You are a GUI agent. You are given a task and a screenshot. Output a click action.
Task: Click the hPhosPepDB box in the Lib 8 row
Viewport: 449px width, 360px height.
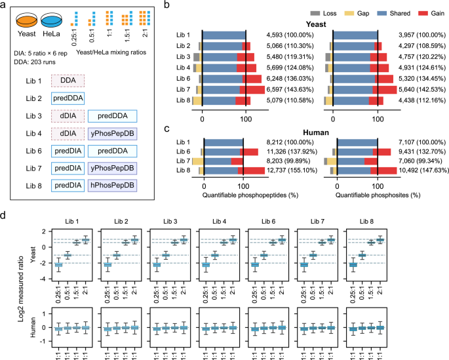[112, 186]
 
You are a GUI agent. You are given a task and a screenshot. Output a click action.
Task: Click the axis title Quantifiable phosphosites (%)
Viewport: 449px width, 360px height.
[378, 195]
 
